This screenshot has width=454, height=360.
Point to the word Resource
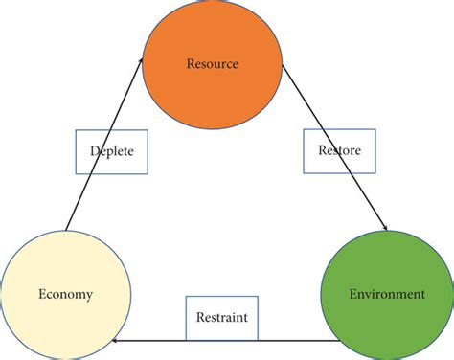point(213,64)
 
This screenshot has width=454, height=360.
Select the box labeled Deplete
point(112,151)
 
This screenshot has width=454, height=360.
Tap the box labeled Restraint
point(222,318)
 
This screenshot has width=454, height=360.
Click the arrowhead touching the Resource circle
point(142,61)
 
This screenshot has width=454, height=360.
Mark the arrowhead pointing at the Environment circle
point(384,228)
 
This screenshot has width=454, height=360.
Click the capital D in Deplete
point(93,151)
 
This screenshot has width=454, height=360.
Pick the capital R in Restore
point(321,150)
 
